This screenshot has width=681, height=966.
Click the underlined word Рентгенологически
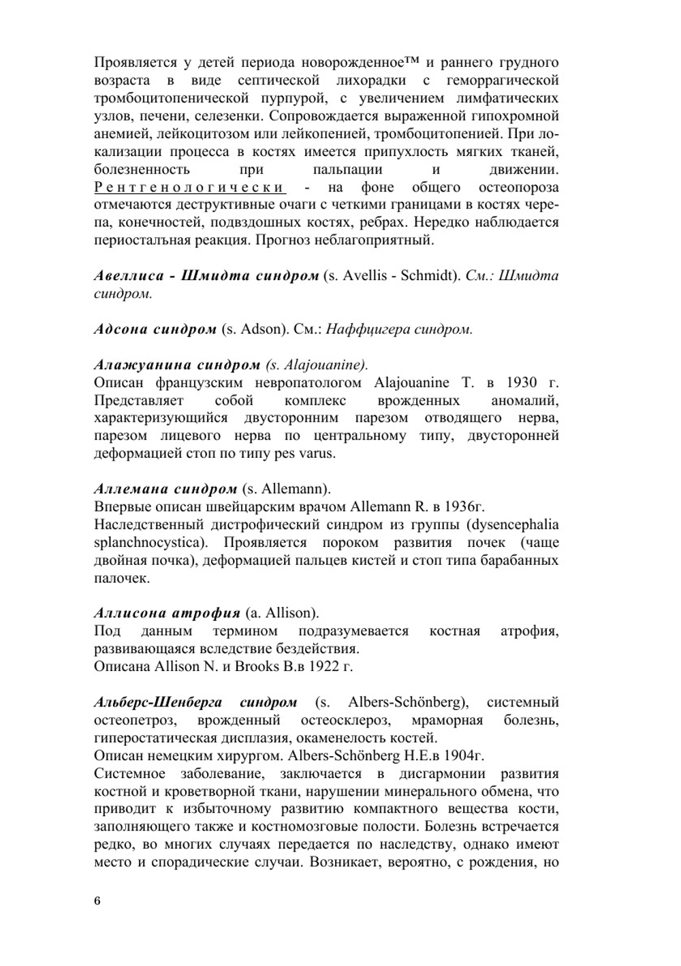pos(189,187)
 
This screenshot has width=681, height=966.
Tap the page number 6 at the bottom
pos(97,901)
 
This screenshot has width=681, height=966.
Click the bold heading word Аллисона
pos(135,612)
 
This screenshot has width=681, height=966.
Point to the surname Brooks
pos(256,666)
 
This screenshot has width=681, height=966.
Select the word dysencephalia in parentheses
pos(516,525)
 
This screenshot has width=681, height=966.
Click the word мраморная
pos(447,720)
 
